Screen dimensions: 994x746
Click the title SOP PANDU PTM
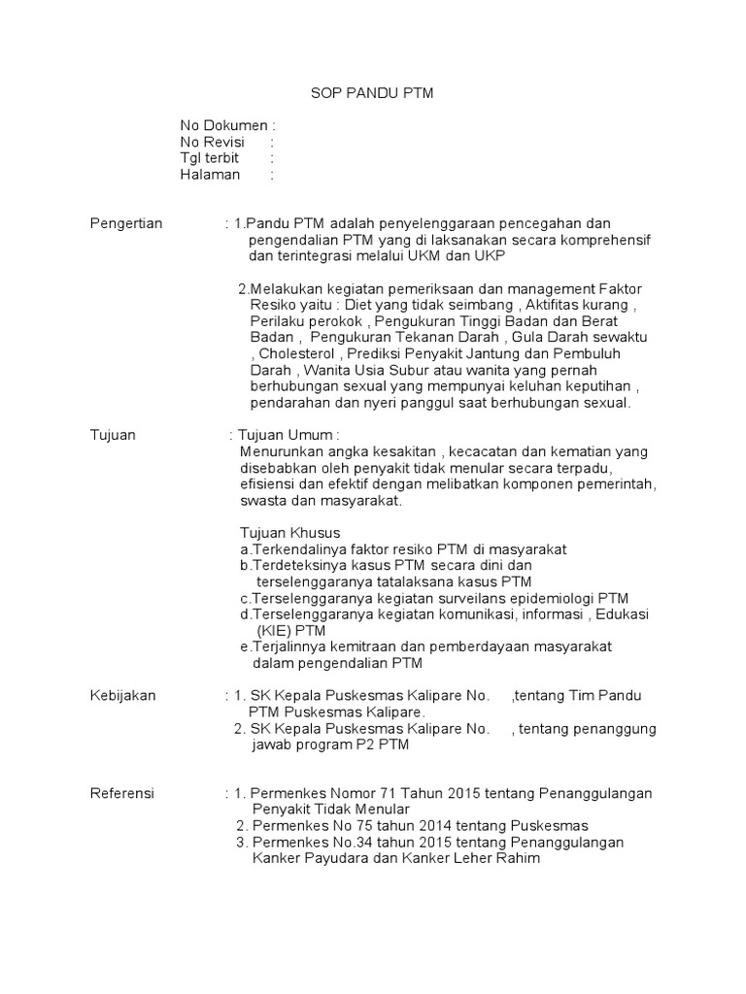(x=372, y=93)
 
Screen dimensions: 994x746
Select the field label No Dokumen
(x=222, y=125)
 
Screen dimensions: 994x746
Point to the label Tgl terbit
(x=209, y=158)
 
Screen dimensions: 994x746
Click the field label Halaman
(x=209, y=175)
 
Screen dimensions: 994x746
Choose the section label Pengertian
(x=126, y=223)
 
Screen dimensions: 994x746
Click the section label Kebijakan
(x=122, y=696)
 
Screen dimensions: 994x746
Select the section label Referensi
(x=121, y=793)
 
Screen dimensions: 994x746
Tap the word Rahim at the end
(x=519, y=858)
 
